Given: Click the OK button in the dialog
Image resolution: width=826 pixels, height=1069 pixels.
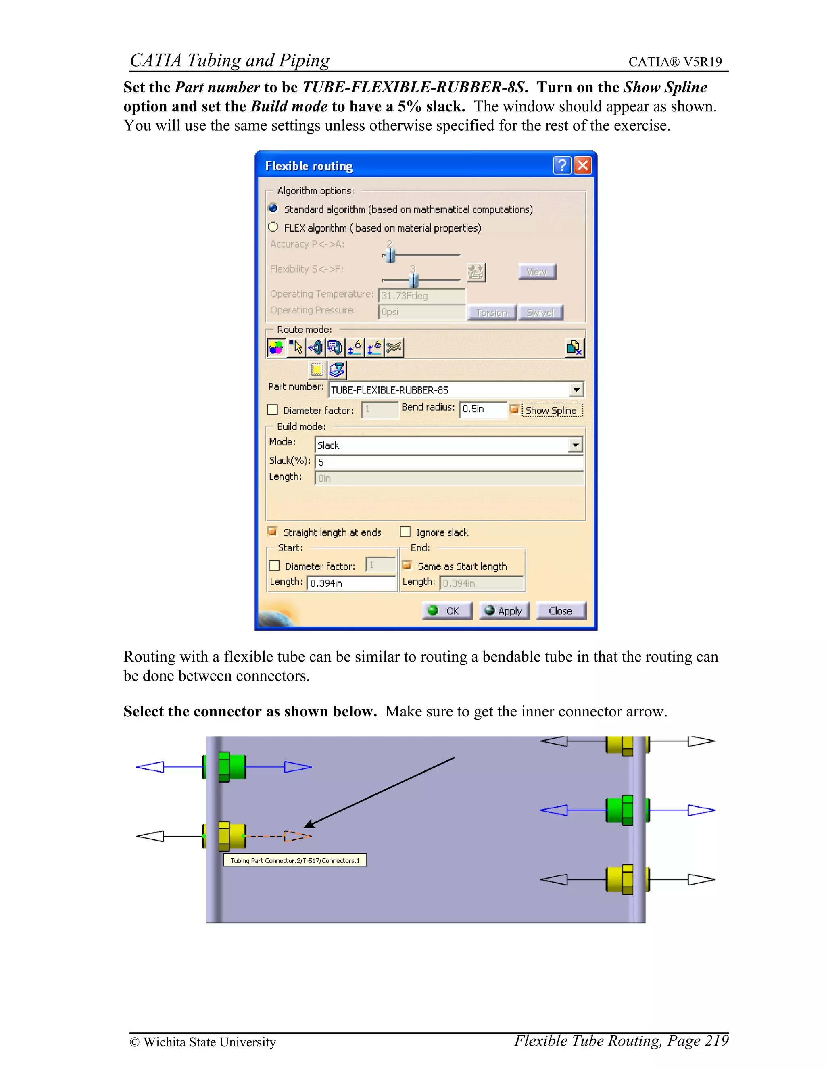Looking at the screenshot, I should point(447,610).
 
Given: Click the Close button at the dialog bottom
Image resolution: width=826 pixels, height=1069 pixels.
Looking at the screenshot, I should point(560,610).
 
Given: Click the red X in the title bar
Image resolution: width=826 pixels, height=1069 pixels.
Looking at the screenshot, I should point(582,165).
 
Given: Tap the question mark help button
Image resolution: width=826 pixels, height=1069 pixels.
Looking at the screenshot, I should point(562,165).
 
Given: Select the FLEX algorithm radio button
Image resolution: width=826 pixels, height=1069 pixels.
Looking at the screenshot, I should point(273,227).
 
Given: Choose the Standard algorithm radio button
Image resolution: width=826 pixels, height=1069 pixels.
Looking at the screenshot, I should point(273,208).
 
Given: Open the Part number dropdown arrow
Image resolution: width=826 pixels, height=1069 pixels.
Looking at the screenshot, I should point(576,390).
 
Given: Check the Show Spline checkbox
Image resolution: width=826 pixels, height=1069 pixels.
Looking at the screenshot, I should point(514,409).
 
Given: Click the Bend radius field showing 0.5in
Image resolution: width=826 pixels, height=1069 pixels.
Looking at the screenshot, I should point(482,409).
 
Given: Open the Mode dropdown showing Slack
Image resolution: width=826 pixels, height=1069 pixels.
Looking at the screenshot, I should point(576,445).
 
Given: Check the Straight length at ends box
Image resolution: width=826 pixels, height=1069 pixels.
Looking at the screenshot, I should point(273,532).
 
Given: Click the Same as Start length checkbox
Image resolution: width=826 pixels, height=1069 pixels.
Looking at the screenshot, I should point(407,565).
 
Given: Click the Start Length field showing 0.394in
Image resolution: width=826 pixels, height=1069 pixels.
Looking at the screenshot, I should point(351,583).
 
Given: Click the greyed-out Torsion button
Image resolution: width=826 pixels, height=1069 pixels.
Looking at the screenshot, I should point(492,312).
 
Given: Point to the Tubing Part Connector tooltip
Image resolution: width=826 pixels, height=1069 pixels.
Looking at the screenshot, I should point(294,860).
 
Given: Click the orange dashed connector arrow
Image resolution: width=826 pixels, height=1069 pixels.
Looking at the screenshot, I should point(296,836).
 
